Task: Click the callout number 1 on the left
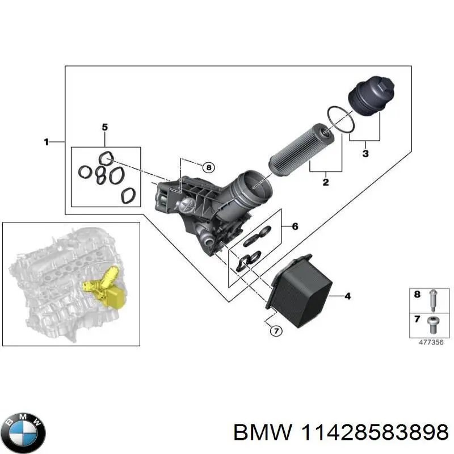pyautogui.click(x=47, y=142)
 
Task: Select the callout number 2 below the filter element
pyautogui.click(x=326, y=182)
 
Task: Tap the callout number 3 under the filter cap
pyautogui.click(x=365, y=153)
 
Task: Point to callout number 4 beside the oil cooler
pyautogui.click(x=348, y=296)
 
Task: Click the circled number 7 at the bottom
pyautogui.click(x=275, y=331)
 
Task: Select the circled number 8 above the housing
pyautogui.click(x=208, y=167)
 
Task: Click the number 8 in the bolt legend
pyautogui.click(x=417, y=295)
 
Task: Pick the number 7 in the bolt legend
pyautogui.click(x=417, y=320)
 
